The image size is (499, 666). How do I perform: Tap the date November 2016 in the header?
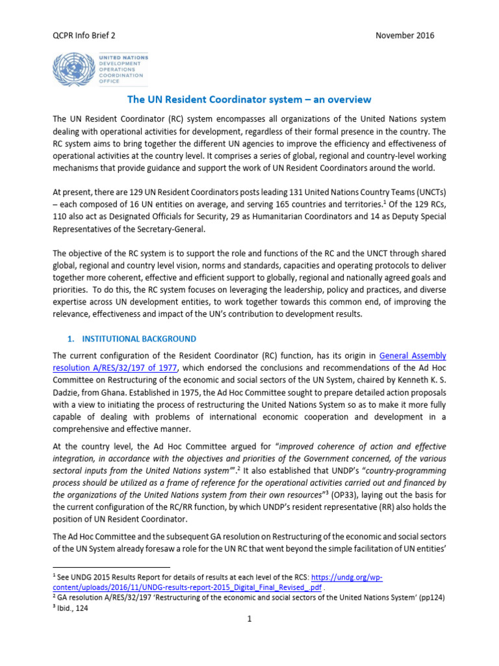click(405, 35)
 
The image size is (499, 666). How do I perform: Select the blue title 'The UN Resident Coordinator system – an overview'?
click(249, 100)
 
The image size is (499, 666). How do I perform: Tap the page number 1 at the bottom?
click(249, 619)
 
